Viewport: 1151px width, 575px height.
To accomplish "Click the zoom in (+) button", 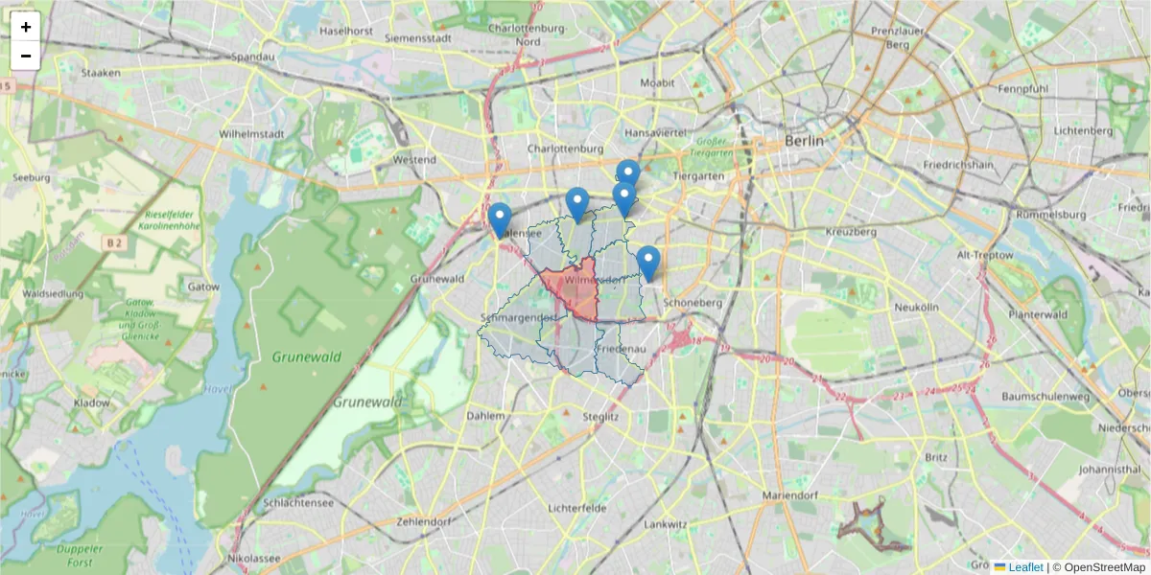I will (26, 27).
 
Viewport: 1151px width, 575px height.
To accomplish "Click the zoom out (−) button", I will (26, 56).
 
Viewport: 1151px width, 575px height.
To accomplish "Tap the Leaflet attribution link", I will (1025, 567).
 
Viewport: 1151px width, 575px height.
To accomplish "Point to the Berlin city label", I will (804, 140).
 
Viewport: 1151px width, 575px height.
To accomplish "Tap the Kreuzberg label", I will (851, 232).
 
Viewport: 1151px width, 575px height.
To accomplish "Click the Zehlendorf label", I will (423, 521).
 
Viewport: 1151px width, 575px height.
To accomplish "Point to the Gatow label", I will (204, 287).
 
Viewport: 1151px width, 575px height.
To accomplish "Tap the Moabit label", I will (657, 83).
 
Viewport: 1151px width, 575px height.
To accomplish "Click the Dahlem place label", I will (484, 416).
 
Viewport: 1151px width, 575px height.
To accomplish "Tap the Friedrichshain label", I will (962, 165).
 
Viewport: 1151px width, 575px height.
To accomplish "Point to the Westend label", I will (414, 159).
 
